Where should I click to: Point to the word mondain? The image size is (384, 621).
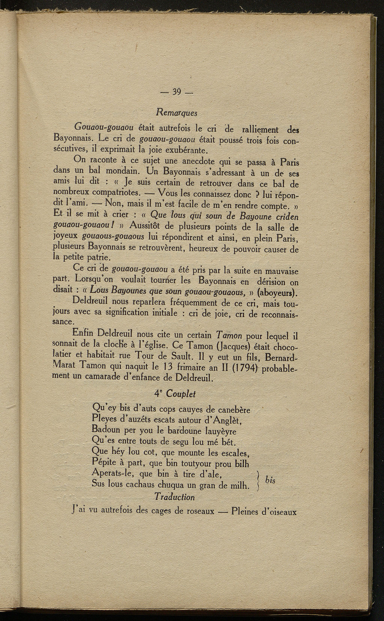118,172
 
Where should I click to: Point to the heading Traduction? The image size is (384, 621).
174,497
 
